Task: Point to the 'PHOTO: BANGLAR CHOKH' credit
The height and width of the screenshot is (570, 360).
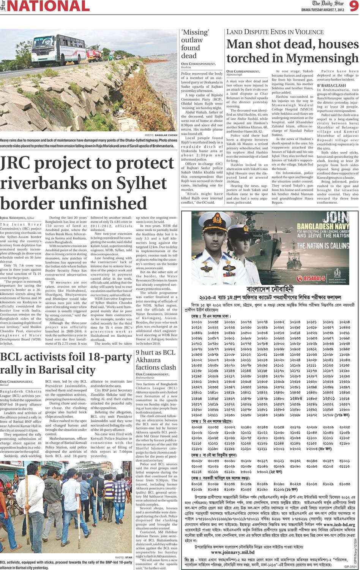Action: coord(161,135)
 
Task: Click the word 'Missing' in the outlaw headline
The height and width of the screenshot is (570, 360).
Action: coord(195,32)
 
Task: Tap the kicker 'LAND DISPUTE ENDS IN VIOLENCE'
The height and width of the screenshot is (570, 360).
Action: coord(278,32)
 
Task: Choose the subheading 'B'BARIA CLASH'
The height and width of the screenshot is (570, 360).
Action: coord(332,85)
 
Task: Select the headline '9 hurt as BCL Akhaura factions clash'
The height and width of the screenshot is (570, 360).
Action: coord(156,359)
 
